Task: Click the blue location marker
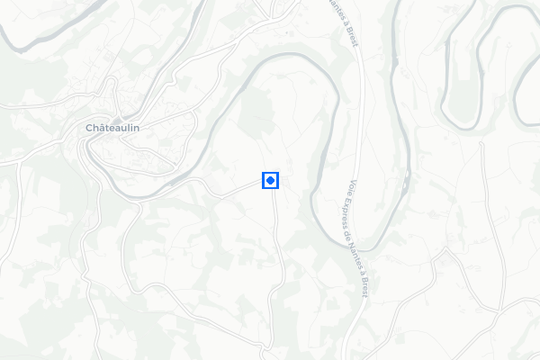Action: (x=270, y=181)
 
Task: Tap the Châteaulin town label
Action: (x=118, y=128)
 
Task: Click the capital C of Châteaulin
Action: (x=89, y=128)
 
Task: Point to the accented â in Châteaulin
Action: (x=103, y=128)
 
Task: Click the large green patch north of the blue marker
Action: (x=256, y=112)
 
